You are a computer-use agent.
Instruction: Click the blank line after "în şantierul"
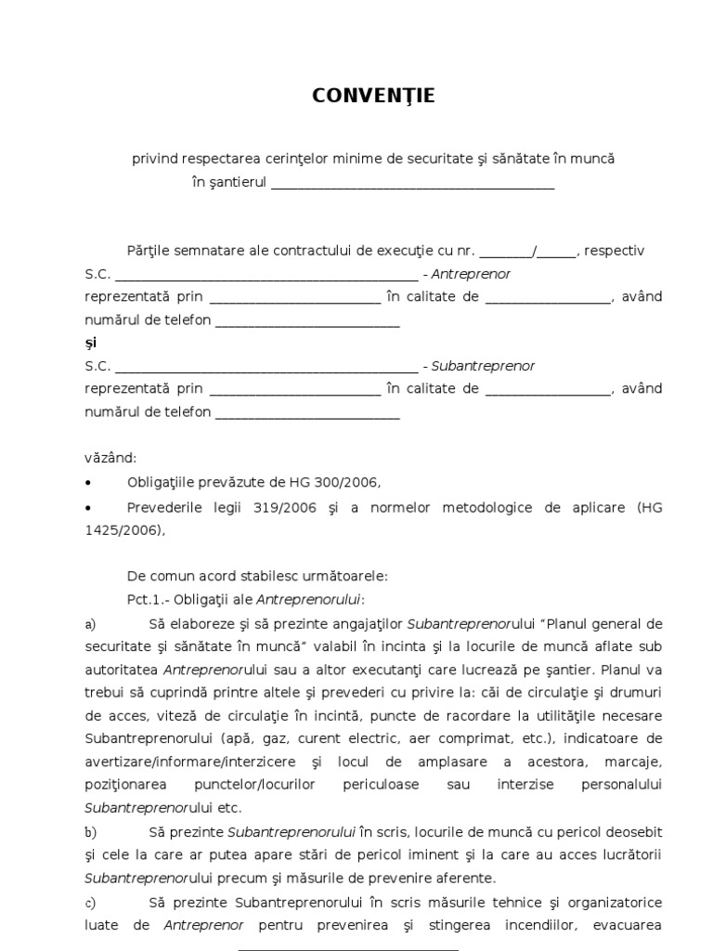coord(412,184)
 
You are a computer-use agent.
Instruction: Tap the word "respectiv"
coord(615,251)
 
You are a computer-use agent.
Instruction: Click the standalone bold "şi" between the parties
coord(90,343)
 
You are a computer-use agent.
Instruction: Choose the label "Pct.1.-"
coord(149,599)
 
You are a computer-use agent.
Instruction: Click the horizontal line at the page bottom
coord(348,948)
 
